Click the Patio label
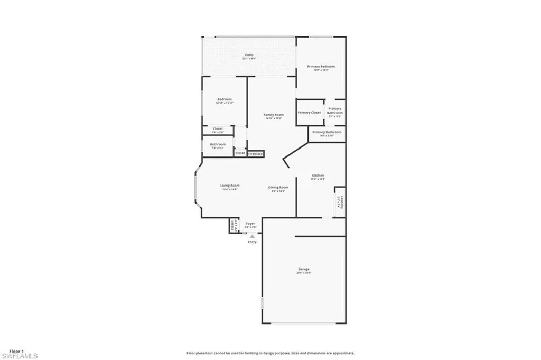tap(248, 55)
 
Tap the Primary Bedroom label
tap(321, 67)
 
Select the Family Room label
tap(274, 115)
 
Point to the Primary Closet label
tap(309, 113)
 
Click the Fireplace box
tap(256, 153)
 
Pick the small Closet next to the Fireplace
tap(240, 153)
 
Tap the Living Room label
tap(230, 186)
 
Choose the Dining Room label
tap(278, 188)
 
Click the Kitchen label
tap(318, 176)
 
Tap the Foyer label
tap(250, 224)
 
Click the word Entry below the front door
tap(252, 242)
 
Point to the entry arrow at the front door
tap(252, 236)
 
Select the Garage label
tap(303, 269)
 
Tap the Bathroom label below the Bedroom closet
tap(218, 144)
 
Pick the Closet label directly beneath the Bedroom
tap(218, 128)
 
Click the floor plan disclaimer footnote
tap(270, 353)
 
